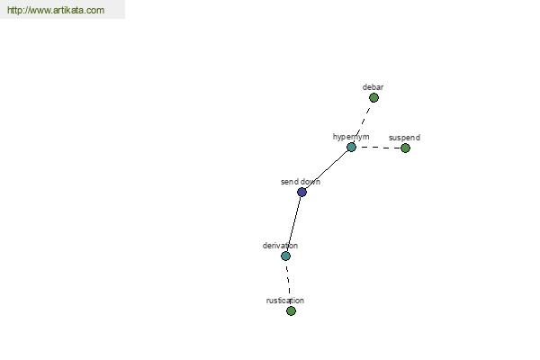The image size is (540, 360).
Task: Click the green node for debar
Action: [373, 98]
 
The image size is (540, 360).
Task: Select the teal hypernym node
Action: [351, 148]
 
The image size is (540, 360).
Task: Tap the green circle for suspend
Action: [405, 148]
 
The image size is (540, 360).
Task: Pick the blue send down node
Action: [301, 193]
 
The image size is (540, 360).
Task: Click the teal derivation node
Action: [285, 256]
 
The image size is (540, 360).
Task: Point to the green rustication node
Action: [291, 311]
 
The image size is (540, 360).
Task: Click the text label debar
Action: [373, 87]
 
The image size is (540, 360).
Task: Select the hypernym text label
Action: [351, 137]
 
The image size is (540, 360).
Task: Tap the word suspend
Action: [404, 138]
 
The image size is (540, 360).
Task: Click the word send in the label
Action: [289, 182]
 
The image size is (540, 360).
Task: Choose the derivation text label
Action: [280, 246]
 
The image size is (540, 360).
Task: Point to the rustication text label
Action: [285, 301]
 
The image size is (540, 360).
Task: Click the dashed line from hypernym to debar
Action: [363, 122]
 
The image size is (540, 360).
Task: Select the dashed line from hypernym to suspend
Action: [379, 148]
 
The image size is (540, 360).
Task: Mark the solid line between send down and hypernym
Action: [327, 170]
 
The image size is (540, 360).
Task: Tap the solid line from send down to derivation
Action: [293, 224]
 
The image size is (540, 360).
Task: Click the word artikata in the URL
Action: [68, 10]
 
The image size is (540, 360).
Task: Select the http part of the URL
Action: [14, 10]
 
